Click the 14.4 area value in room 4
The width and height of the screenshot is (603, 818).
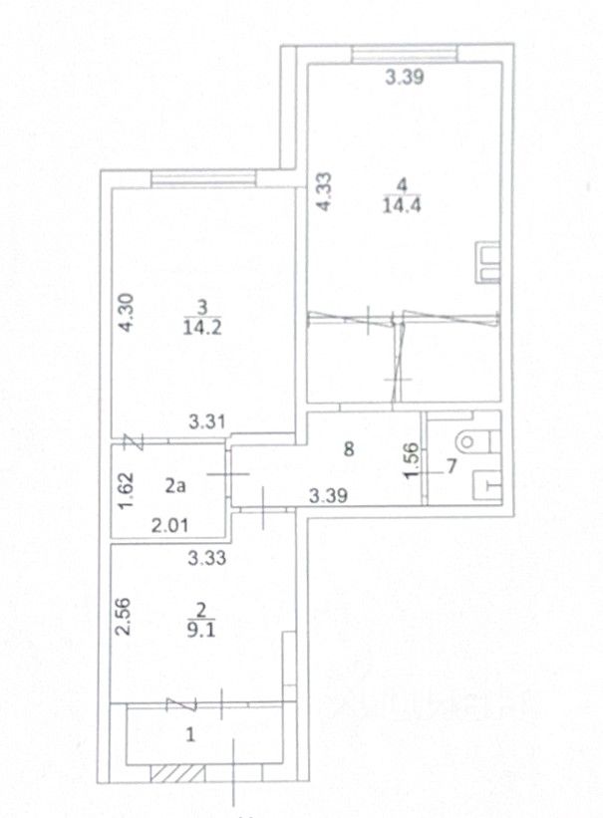(402, 205)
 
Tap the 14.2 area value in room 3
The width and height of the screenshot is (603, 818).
(202, 327)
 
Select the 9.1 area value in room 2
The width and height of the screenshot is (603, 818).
(201, 632)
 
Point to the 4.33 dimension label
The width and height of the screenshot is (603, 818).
(324, 192)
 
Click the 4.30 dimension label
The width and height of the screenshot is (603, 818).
(126, 313)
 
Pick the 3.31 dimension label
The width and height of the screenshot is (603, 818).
(207, 421)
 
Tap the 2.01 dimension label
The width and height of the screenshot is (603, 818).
(169, 525)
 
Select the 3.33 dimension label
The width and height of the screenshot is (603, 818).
(207, 558)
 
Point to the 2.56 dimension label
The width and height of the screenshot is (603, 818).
(124, 616)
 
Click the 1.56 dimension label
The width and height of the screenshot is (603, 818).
(412, 459)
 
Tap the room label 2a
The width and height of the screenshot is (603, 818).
(175, 486)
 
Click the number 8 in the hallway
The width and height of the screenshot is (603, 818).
(349, 448)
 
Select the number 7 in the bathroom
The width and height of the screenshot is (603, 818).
(452, 466)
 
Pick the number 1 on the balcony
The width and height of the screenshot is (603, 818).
(191, 734)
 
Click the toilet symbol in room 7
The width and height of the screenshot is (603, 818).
(477, 441)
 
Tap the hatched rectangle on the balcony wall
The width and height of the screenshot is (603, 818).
(177, 773)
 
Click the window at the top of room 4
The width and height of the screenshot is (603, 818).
(404, 54)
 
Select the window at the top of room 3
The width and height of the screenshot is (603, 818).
(203, 179)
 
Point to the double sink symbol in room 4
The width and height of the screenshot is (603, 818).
(487, 262)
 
